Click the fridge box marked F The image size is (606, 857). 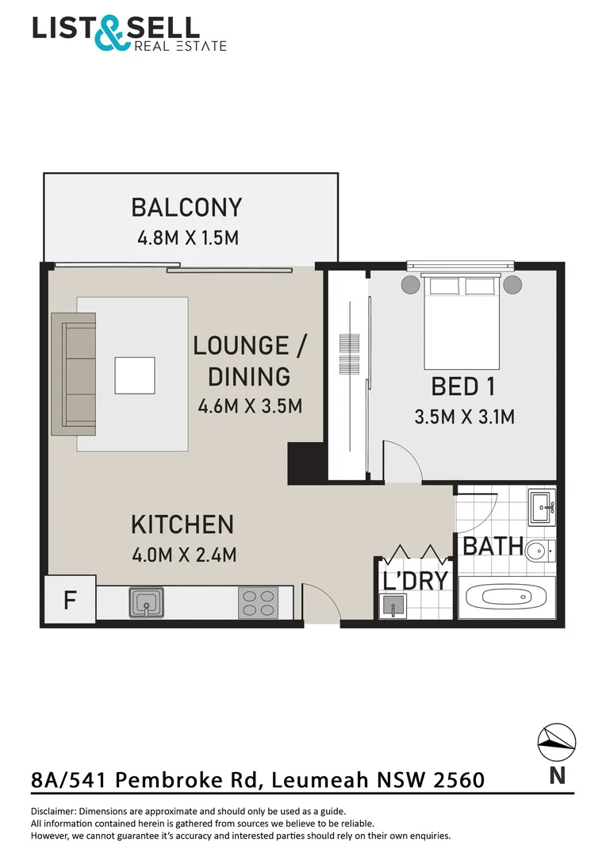pos(69,599)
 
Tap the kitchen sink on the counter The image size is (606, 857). pos(147,602)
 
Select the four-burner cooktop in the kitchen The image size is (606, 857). pos(259,602)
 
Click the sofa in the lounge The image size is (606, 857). pos(73,374)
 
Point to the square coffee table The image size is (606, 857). pos(135,375)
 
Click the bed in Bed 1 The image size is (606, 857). pos(464,322)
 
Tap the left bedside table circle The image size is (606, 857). pos(411,284)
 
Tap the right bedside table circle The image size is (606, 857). pos(513,284)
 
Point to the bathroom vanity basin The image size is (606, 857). pos(543,506)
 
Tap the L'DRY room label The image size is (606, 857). pos(415,580)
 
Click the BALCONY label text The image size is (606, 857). pos(186,208)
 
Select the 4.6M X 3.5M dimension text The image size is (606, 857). pos(250,406)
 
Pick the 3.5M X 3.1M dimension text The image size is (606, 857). pos(465,416)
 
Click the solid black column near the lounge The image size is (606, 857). pos(307,463)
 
